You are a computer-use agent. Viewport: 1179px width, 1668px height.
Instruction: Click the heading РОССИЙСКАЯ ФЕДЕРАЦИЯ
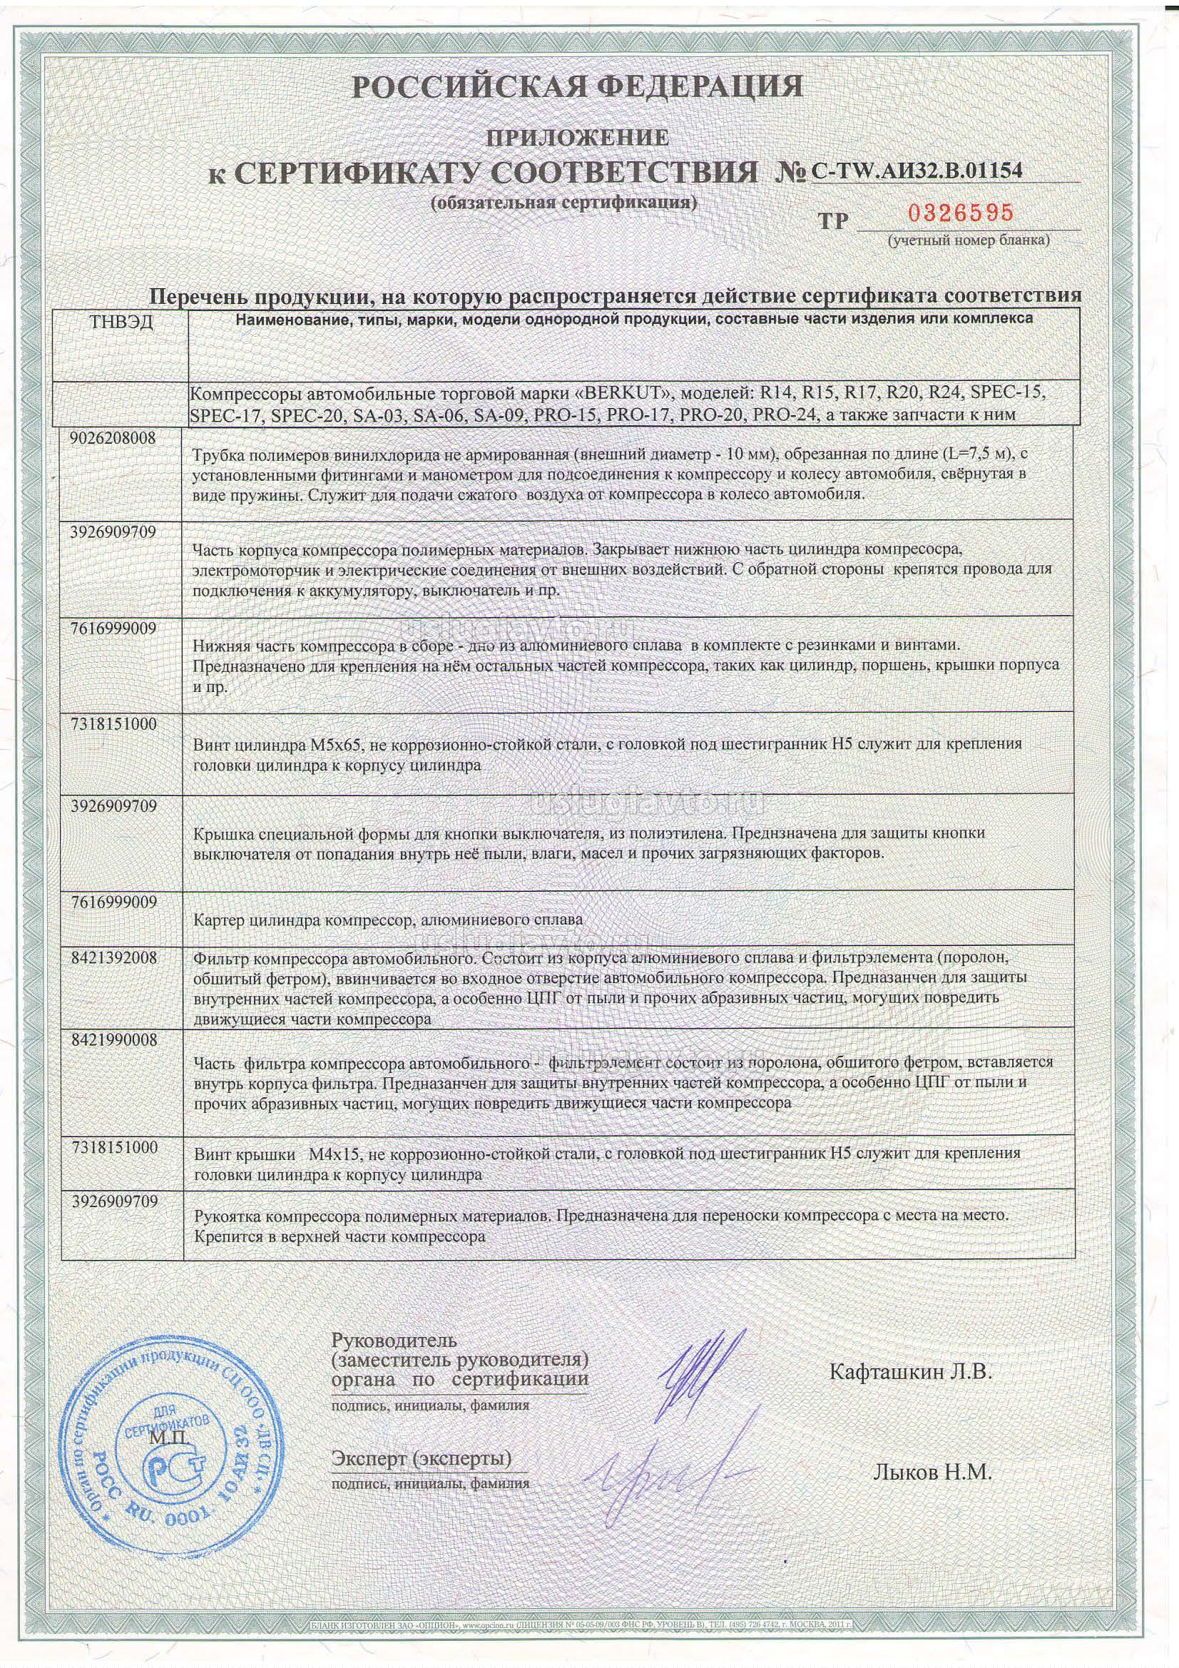click(578, 86)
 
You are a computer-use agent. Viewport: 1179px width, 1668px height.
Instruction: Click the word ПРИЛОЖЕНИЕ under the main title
click(577, 136)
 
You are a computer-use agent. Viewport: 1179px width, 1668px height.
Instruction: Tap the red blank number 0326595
click(960, 213)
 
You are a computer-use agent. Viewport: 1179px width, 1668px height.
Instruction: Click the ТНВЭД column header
click(121, 322)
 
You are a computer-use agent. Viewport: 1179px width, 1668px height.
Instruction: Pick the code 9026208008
click(114, 439)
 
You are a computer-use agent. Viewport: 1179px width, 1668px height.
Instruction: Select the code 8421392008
click(114, 957)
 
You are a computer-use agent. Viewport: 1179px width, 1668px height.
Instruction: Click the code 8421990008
click(114, 1039)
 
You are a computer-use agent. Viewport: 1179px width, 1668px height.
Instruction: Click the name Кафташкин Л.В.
click(910, 1372)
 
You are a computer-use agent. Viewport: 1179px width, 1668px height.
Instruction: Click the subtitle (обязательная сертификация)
click(563, 203)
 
